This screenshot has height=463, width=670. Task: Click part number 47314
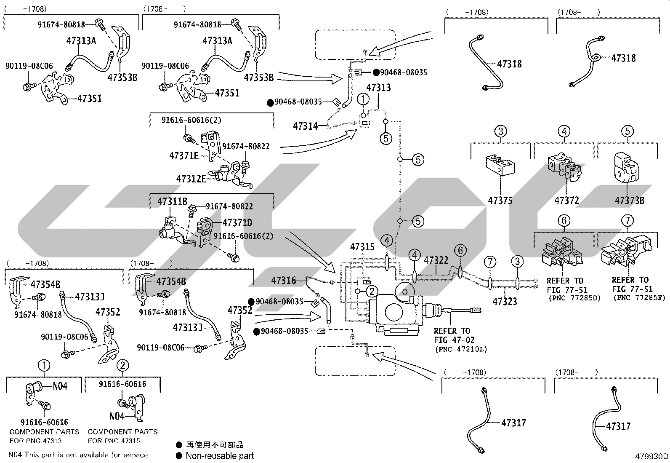tap(305, 126)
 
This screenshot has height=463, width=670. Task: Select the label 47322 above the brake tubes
tap(436, 260)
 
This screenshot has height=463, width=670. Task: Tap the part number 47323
tap(505, 301)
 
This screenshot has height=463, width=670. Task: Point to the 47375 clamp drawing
tap(500, 165)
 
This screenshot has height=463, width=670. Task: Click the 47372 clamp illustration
tap(565, 167)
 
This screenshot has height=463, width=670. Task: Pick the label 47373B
tap(629, 201)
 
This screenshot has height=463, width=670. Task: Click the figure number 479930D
tap(651, 456)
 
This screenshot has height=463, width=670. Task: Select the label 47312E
tap(191, 179)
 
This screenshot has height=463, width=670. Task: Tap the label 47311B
tap(172, 201)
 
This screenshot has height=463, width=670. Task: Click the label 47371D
tap(237, 222)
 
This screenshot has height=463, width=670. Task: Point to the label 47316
tap(283, 281)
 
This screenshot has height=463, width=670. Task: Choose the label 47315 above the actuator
tap(362, 247)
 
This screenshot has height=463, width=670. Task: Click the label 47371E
tap(183, 156)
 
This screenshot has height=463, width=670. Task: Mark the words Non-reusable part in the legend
tap(220, 455)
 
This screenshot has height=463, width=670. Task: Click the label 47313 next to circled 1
tap(378, 88)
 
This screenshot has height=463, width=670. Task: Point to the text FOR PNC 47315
tap(114, 441)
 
